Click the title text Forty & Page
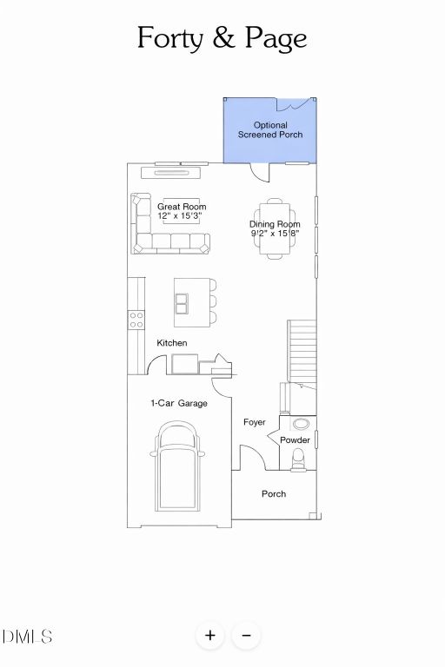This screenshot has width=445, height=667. [x=222, y=38]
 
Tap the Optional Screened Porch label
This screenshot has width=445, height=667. [x=269, y=130]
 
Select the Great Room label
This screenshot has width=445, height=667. [x=182, y=207]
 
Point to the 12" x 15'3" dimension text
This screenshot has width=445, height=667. [x=182, y=215]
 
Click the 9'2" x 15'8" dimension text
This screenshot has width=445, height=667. [x=275, y=233]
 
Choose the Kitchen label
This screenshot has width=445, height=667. [x=171, y=343]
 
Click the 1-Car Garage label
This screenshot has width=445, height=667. [x=178, y=403]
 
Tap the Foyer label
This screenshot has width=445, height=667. [x=254, y=422]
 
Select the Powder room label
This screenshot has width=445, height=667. [x=295, y=440]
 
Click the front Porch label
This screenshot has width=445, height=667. [x=274, y=494]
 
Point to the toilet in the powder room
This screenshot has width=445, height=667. [x=298, y=458]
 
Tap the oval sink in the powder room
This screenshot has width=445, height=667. [x=301, y=425]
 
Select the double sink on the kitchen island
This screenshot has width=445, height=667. [x=182, y=303]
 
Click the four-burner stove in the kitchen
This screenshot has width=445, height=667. [x=136, y=320]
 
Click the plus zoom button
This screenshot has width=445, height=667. [x=209, y=635]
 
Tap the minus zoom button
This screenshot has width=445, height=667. [x=246, y=635]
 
